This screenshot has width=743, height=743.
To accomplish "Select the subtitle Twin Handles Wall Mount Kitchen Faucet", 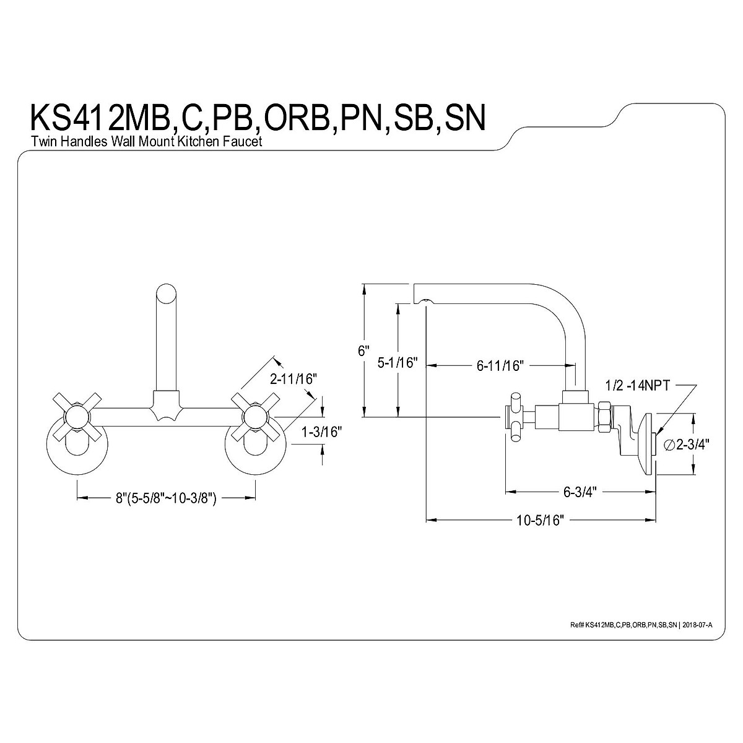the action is click(147, 142).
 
